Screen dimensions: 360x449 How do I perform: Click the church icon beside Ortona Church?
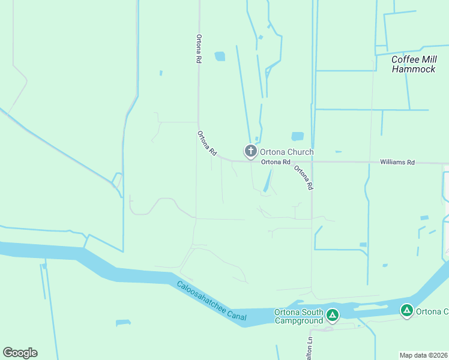click(250, 151)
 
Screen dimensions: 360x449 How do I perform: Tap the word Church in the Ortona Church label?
click(300, 152)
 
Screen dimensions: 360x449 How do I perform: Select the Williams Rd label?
click(397, 162)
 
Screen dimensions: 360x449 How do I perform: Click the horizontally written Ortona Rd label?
click(276, 162)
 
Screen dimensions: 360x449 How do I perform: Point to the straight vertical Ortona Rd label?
click(198, 49)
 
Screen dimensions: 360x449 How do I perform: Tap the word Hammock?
click(414, 69)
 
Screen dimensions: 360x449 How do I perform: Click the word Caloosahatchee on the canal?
click(201, 296)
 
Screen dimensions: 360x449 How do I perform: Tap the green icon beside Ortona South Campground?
click(333, 314)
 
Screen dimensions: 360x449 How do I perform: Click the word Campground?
click(299, 320)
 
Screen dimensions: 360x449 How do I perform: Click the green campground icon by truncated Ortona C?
click(407, 310)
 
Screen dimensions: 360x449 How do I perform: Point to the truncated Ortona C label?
click(432, 311)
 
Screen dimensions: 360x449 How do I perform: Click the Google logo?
click(20, 353)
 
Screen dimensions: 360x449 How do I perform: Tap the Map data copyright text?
click(423, 355)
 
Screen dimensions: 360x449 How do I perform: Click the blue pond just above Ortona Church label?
click(297, 136)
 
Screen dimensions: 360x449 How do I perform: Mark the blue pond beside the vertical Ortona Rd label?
click(220, 56)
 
